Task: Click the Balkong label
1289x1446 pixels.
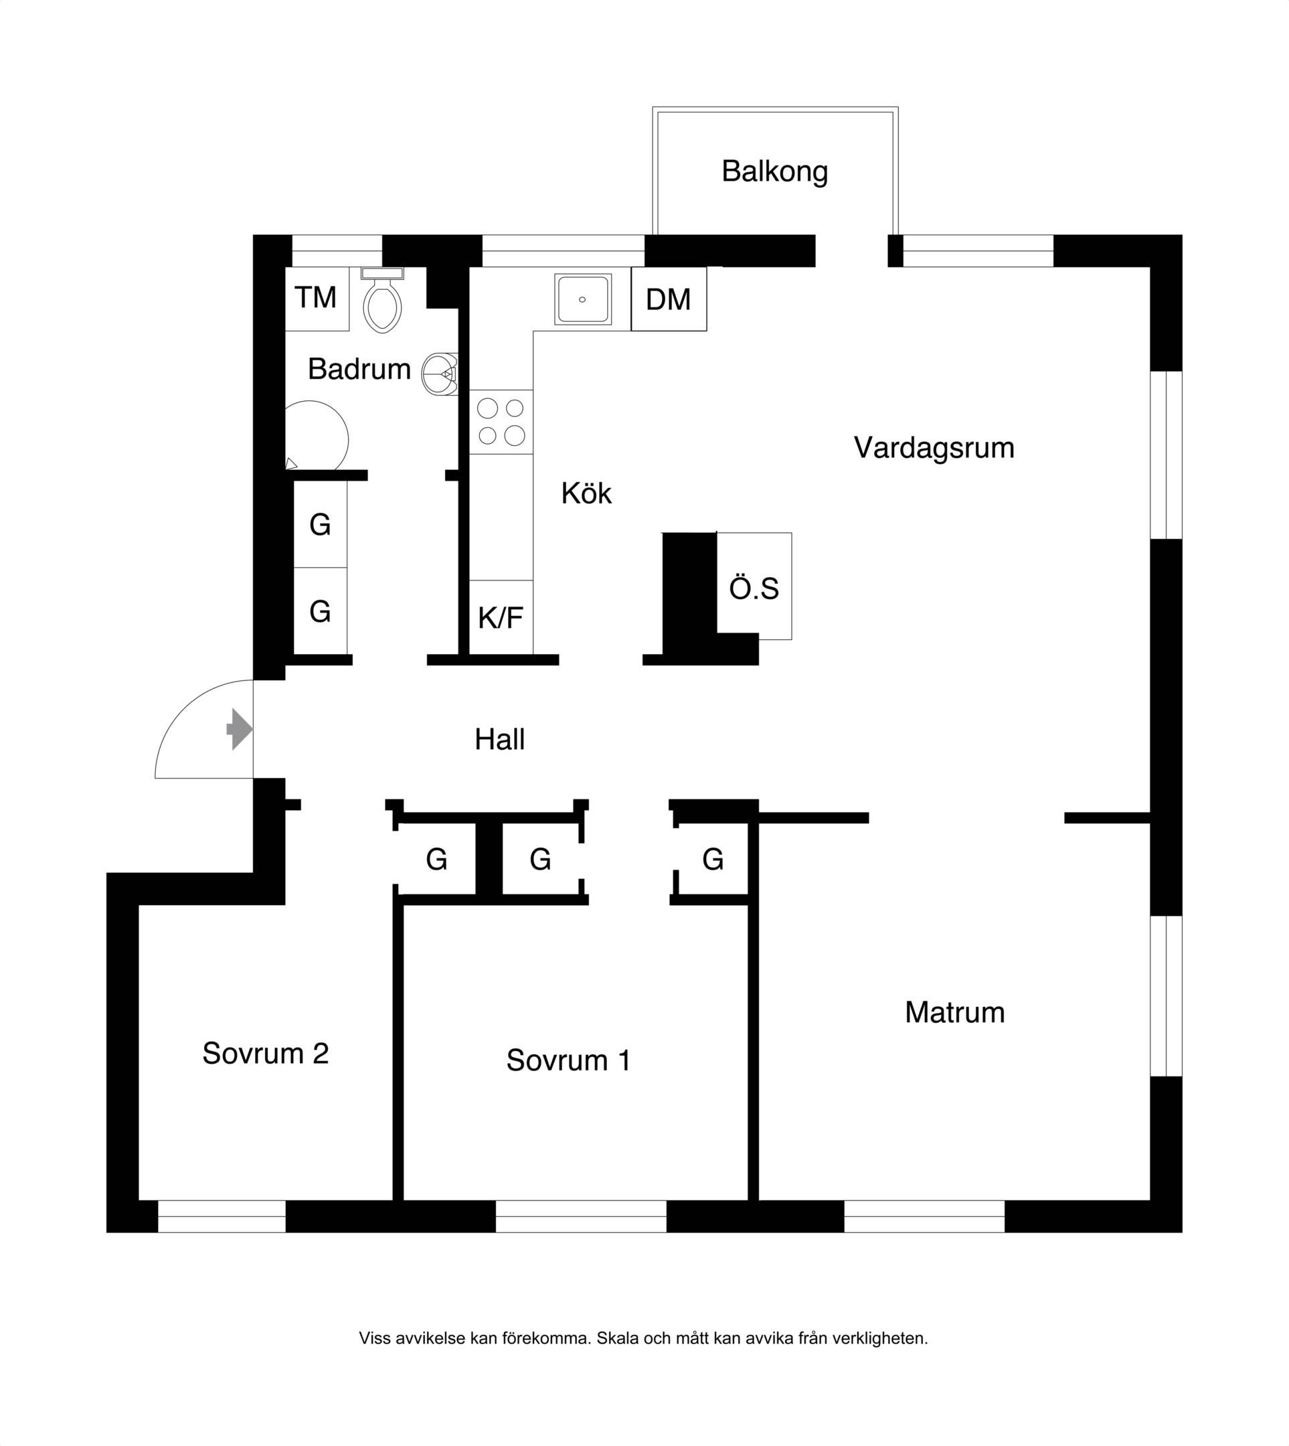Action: tap(775, 172)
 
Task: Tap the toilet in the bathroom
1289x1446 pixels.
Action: tap(382, 301)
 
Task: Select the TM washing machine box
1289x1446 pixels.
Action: tap(317, 299)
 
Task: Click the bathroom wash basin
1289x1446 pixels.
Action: tap(440, 374)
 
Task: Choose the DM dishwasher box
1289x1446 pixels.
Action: tap(669, 299)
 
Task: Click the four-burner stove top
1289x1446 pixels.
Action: tap(501, 422)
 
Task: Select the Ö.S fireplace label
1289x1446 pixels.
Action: tap(754, 588)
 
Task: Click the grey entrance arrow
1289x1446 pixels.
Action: tap(240, 729)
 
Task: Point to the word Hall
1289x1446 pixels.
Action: tap(500, 740)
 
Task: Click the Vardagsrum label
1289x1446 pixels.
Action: tap(934, 449)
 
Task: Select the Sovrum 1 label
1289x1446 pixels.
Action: tap(568, 1060)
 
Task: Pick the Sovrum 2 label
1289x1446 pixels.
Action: tap(266, 1054)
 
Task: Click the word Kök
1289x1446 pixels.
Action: tap(586, 493)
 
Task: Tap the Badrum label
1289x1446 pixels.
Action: tap(360, 369)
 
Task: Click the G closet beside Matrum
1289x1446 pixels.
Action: tap(713, 860)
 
